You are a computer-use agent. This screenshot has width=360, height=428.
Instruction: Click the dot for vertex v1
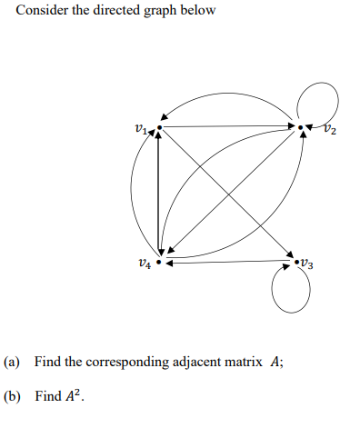click(159, 127)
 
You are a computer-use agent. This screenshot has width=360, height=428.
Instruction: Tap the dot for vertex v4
click(159, 263)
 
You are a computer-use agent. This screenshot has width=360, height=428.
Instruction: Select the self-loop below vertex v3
click(292, 292)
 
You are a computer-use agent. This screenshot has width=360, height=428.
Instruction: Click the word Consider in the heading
click(39, 11)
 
